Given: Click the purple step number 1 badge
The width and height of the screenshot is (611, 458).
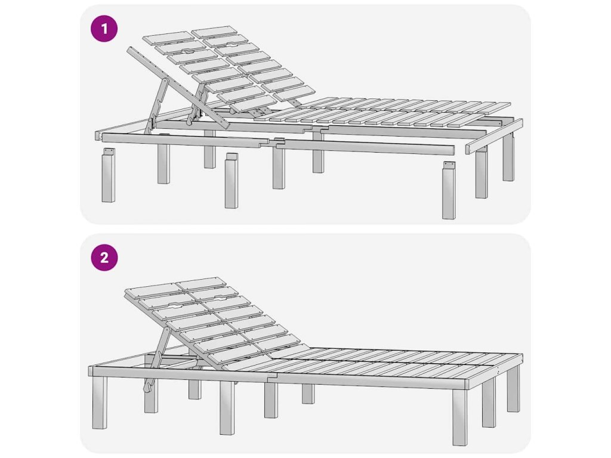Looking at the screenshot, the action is coord(104,29).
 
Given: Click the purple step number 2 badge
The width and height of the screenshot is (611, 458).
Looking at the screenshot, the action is coord(104,258).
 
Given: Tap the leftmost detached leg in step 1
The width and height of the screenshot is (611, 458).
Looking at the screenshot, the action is coord(109,175).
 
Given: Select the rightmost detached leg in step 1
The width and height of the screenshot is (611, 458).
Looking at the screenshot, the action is coord(449,190).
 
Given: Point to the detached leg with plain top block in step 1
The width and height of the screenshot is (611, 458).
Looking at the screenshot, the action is coord(231,180).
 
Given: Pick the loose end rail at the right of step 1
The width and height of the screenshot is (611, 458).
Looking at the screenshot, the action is coord(495,137).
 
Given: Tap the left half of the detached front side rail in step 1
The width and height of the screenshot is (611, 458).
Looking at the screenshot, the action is coord(185,140).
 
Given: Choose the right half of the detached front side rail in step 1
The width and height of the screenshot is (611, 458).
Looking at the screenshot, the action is coord(365,147).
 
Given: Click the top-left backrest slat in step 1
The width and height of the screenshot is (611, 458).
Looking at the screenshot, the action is coord(168,38).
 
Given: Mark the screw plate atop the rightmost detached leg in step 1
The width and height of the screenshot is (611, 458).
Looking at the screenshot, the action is coord(449,165).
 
